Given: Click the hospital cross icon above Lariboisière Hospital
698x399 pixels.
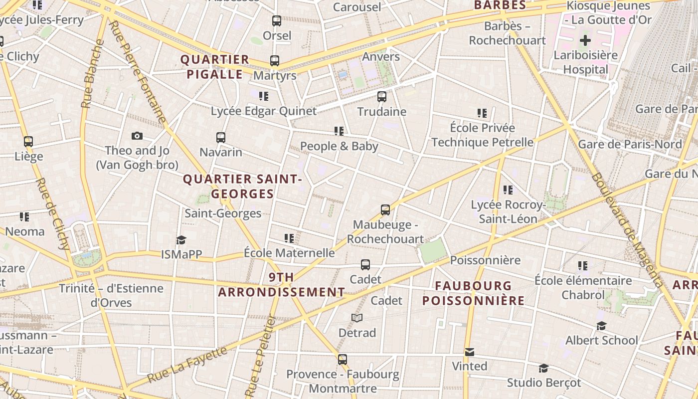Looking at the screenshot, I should point(585,40).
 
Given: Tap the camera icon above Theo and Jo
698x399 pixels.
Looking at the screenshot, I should point(137,136).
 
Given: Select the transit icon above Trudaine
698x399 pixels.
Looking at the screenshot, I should point(382,97).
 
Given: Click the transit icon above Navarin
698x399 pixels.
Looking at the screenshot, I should point(221,137).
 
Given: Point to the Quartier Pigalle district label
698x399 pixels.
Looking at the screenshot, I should point(215,67).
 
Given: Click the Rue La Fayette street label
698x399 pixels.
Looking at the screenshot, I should point(187,365).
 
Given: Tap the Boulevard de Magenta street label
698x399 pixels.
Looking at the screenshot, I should point(627,230).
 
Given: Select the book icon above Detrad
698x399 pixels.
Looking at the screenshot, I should point(357,318).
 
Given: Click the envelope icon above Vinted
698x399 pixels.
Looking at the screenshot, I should point(469,352).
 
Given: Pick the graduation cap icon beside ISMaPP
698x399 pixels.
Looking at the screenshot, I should point(181,240).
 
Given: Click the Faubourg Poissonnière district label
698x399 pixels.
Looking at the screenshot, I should point(473,293).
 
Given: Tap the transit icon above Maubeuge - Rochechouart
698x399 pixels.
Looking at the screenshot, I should point(385,210).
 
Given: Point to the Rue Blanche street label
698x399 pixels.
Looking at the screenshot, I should point(93,73).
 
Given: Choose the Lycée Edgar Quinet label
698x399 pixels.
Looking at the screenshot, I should point(264,111).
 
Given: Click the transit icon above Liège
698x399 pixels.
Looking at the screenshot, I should point(28,142).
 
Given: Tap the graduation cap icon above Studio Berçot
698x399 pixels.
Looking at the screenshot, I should point(544,368).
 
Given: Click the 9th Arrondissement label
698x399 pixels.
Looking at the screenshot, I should point(282,284).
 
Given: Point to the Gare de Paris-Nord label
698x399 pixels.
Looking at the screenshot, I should point(630,144).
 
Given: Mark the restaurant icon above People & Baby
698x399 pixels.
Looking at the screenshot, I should point(339,131).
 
